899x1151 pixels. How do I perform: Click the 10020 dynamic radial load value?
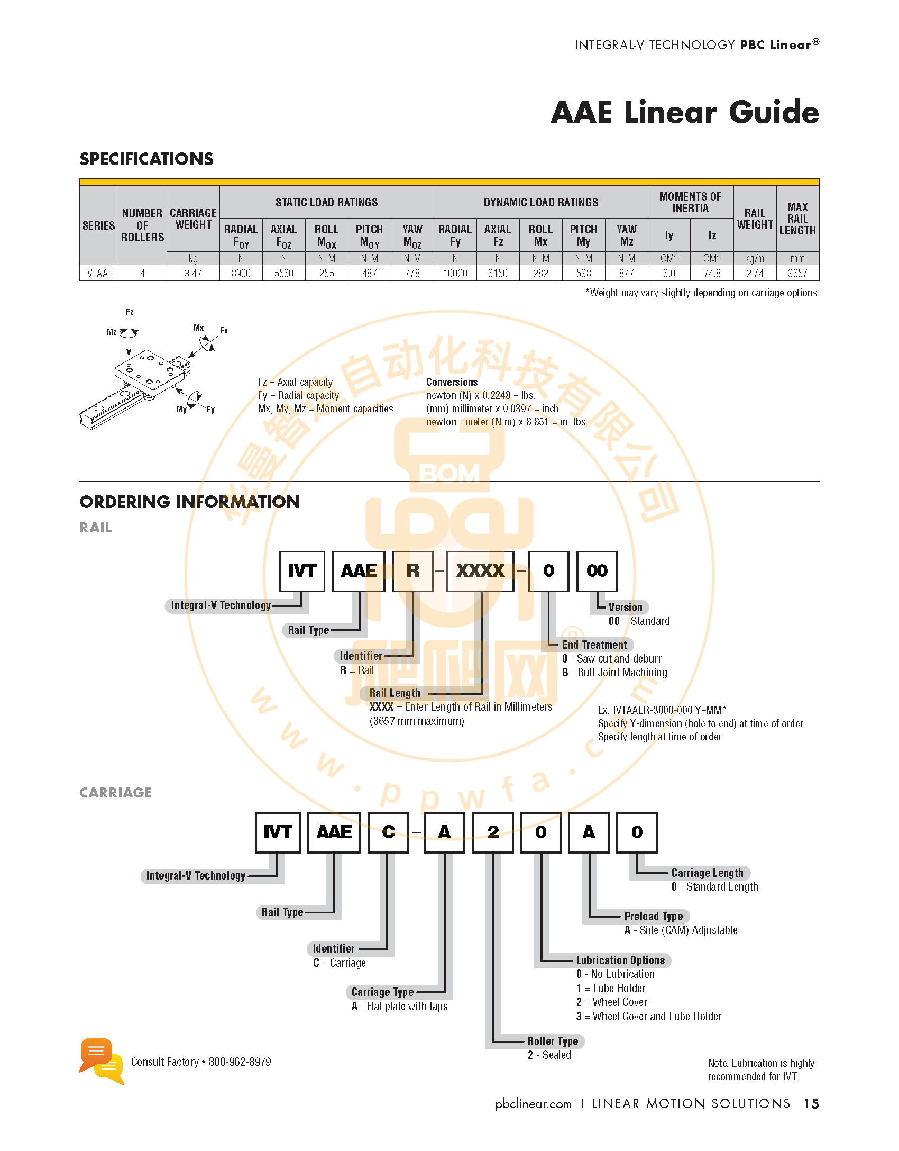coord(455,273)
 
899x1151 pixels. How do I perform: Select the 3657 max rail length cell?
coord(797,273)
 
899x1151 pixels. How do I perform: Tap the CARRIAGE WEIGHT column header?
coord(193,219)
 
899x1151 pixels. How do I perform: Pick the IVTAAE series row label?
coord(99,273)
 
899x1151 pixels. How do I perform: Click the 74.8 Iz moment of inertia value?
coord(712,273)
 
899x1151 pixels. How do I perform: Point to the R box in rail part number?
coord(413,571)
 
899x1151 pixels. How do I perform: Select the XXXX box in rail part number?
coord(480,571)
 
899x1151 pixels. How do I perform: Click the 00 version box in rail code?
coord(597,571)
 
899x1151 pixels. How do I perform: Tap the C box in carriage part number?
coord(389,832)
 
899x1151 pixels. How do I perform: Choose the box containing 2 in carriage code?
coord(493,832)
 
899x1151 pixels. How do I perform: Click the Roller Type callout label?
coord(553,1041)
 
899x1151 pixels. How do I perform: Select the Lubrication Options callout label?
coord(620,960)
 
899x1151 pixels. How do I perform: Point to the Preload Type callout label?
coord(654,916)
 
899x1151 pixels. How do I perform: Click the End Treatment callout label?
coord(594,645)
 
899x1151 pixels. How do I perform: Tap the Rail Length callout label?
coord(395,693)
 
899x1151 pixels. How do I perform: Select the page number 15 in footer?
coord(811,1103)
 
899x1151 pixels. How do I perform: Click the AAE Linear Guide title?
coord(685,112)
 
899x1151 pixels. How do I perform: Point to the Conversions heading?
coord(452,382)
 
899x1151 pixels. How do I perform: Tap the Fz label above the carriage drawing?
coord(130,312)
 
